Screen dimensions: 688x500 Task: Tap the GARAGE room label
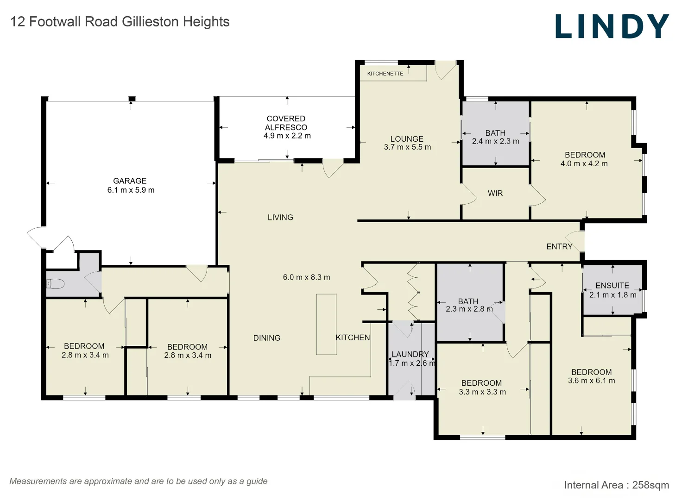tap(130, 181)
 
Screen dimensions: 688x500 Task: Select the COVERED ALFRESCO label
tap(286, 123)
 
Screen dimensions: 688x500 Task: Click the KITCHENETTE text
tap(385, 74)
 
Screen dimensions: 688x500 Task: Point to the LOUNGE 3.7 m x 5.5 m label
tap(407, 143)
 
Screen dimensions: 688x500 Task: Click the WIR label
tap(495, 194)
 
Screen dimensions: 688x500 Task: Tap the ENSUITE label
tap(612, 286)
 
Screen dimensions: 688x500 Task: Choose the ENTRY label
tap(559, 246)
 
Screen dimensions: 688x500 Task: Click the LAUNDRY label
tap(410, 354)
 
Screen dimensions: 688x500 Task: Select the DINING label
tap(267, 338)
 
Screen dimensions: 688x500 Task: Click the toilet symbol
tap(55, 284)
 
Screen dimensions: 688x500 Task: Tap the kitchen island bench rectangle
tap(327, 325)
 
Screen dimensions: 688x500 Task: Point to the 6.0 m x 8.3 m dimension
tap(307, 277)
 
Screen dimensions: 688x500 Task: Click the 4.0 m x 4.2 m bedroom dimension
tap(584, 164)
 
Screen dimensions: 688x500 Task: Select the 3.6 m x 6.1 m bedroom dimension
tap(592, 381)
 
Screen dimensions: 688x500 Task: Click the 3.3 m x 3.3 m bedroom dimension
tap(482, 392)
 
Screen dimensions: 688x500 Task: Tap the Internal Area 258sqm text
tap(617, 485)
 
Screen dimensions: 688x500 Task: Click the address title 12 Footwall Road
tap(120, 22)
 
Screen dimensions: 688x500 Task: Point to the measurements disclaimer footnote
tap(139, 481)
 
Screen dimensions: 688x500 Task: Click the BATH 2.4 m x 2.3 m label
tap(495, 137)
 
